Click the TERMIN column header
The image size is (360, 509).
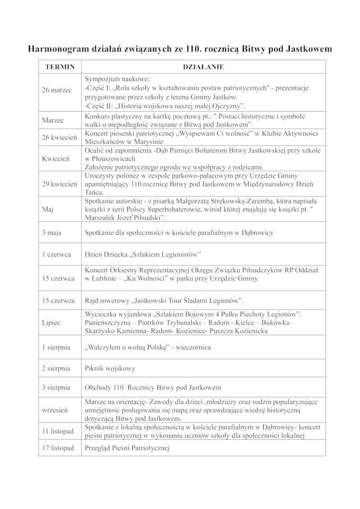(59, 67)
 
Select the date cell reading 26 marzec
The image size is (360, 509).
(57, 90)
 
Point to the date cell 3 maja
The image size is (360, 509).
(52, 233)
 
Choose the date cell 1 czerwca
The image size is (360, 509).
(57, 254)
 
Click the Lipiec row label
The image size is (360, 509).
(51, 323)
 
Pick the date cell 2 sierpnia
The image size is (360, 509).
(56, 368)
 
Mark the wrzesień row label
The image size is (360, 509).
(55, 410)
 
